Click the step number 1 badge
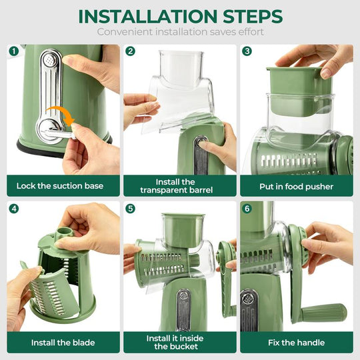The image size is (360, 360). click(13, 51)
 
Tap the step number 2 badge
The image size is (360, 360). click(131, 51)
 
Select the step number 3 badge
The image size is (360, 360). click(247, 51)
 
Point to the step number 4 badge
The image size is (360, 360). click(13, 208)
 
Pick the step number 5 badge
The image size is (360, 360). click(131, 208)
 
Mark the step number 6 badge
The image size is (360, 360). click(247, 208)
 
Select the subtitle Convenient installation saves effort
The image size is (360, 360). click(180, 32)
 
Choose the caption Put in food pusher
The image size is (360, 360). click(295, 186)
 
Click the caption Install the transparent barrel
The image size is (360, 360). click(175, 186)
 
